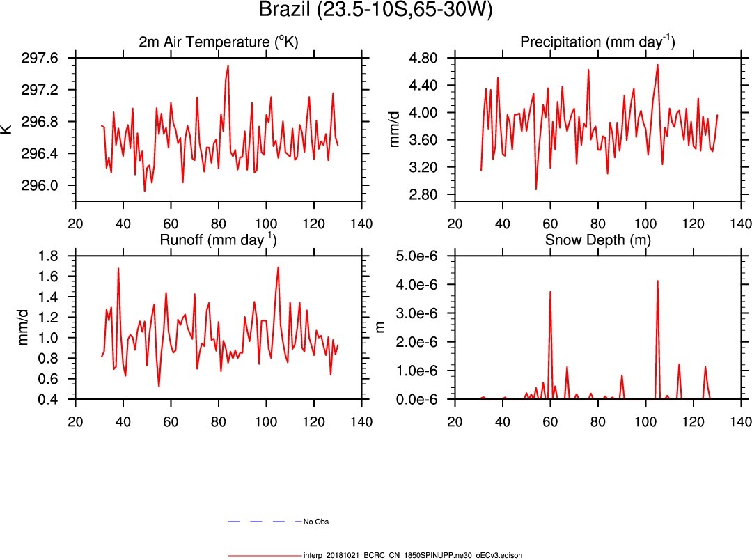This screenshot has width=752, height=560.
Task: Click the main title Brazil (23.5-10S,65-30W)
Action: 375,10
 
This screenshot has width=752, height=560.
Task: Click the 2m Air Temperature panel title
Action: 218,42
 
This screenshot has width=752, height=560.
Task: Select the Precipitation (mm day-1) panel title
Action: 597,42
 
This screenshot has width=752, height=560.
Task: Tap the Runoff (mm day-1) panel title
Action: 218,240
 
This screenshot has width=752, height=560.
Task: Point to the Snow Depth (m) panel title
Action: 597,240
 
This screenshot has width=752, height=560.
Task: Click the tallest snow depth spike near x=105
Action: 657,281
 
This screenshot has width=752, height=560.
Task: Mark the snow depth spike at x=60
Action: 550,292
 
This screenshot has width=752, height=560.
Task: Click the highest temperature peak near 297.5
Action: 228,66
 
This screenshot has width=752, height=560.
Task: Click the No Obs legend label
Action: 316,522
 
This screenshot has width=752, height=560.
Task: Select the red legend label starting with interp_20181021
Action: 412,555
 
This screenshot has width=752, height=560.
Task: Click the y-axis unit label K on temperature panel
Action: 7,129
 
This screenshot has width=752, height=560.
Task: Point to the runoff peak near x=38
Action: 118,268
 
